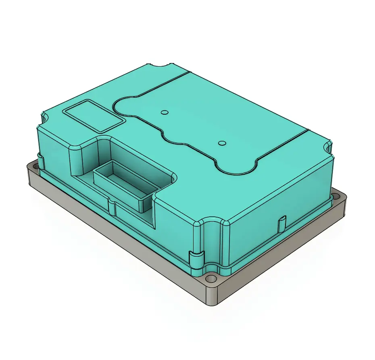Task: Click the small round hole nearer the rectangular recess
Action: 164,112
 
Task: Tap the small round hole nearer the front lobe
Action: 221,143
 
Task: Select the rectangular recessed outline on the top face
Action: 93,116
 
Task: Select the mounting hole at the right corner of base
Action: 335,197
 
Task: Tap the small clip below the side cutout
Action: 112,207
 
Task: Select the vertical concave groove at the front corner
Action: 211,242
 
